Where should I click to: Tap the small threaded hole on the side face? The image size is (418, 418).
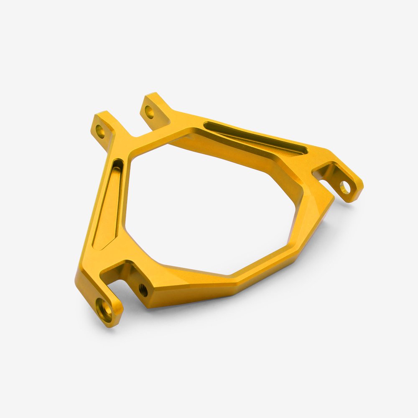click(x=143, y=288)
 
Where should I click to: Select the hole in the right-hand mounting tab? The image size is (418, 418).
click(x=344, y=187)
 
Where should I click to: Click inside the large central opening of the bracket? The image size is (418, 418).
click(x=209, y=209)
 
